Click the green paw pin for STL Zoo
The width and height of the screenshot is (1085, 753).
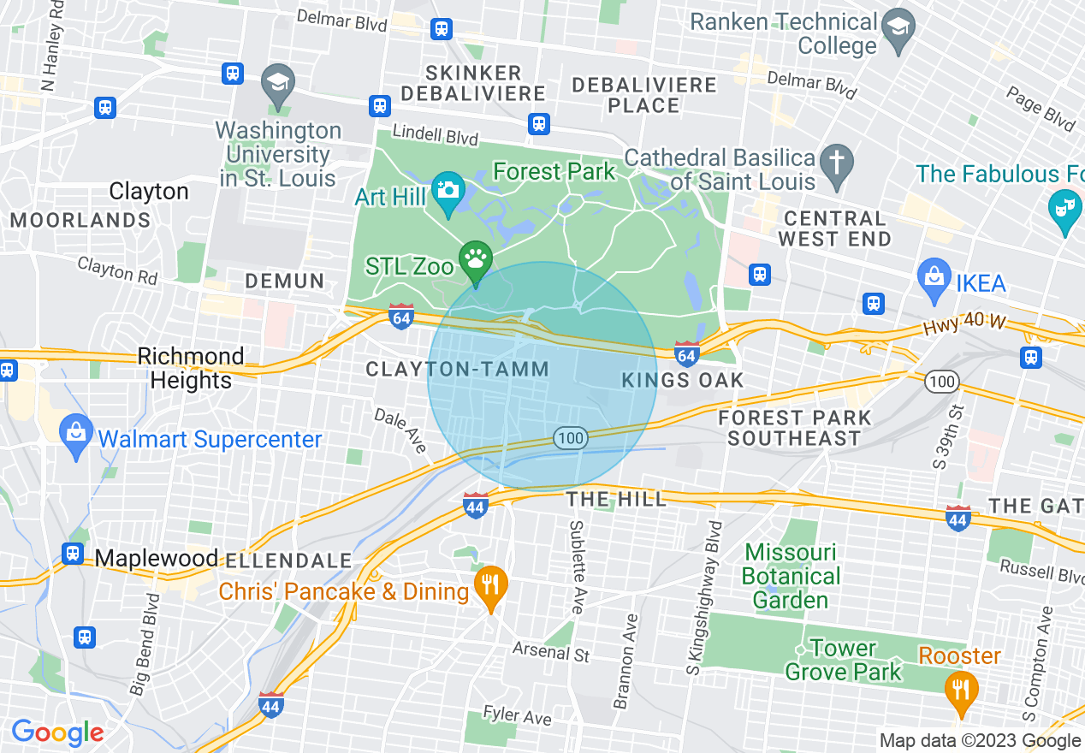475,258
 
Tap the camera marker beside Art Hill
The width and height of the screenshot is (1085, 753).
448,188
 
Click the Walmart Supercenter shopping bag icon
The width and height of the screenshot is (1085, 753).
77,431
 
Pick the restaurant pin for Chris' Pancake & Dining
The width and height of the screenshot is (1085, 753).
490,586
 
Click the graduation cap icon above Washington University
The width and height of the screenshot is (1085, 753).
277,83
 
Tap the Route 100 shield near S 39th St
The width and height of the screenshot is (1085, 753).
941,382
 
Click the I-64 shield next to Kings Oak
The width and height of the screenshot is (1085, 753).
686,353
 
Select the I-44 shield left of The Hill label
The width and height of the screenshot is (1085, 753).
477,505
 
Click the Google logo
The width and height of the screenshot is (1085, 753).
57,732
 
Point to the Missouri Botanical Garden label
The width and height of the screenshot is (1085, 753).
791,576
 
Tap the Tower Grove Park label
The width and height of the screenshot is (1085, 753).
843,660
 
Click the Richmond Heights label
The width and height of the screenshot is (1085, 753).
191,368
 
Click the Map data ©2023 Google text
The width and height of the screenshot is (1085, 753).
980,741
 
